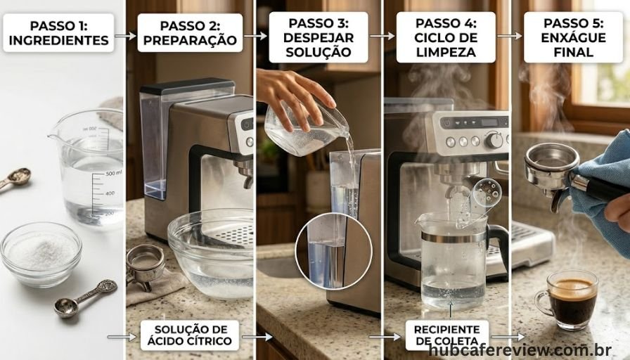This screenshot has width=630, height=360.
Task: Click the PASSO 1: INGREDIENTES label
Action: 58,32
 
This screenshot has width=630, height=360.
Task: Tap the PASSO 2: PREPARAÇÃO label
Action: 190,32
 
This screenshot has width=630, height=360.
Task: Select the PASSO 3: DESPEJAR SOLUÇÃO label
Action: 319,37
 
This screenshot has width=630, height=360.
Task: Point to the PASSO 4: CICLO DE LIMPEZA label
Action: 446,37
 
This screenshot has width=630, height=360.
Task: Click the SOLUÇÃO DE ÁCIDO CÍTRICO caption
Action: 190,335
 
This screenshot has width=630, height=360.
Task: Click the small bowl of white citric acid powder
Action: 41,252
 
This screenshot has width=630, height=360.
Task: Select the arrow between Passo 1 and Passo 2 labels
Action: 125,34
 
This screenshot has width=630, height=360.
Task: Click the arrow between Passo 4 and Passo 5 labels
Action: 510,36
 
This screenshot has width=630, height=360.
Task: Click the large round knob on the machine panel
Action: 494,140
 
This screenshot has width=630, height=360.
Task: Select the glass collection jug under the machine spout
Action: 454,260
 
